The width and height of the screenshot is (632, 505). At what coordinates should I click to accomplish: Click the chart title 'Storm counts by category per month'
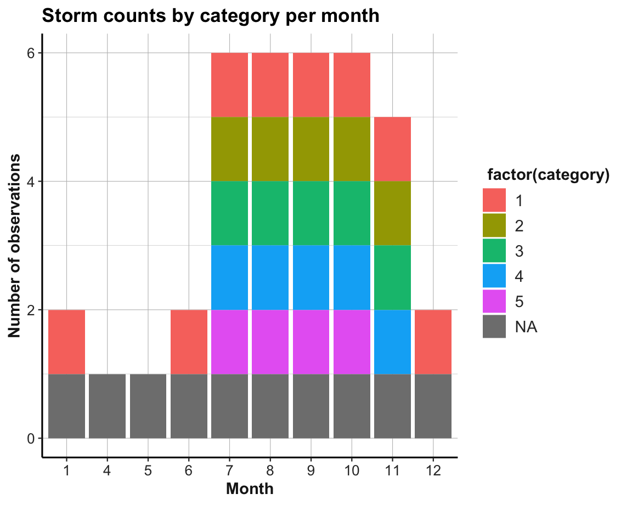211,15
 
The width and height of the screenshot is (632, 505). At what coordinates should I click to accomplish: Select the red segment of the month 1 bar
66,342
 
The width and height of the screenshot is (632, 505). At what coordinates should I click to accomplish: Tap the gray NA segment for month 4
107,406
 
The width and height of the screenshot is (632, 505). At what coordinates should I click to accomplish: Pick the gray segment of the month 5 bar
148,406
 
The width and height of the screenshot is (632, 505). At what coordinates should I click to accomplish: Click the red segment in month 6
189,342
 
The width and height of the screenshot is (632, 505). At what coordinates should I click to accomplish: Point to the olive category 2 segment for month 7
230,149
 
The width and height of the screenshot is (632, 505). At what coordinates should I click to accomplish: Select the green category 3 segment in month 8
270,213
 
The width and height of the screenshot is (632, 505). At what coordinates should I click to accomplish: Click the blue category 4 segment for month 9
311,277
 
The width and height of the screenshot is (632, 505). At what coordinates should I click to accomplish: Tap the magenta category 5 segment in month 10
352,342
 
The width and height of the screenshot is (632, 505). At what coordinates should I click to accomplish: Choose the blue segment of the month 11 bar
393,342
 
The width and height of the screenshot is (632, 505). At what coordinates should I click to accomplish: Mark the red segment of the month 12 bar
433,342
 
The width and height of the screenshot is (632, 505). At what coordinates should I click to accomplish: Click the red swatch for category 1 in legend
494,200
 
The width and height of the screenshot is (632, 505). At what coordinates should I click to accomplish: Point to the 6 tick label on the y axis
31,53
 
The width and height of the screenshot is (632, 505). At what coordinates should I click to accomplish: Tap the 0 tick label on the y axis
31,439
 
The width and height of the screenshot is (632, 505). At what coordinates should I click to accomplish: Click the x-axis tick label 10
352,470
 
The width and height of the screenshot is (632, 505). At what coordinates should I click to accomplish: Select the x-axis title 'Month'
250,488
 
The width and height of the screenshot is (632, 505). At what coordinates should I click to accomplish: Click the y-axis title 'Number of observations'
15,246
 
